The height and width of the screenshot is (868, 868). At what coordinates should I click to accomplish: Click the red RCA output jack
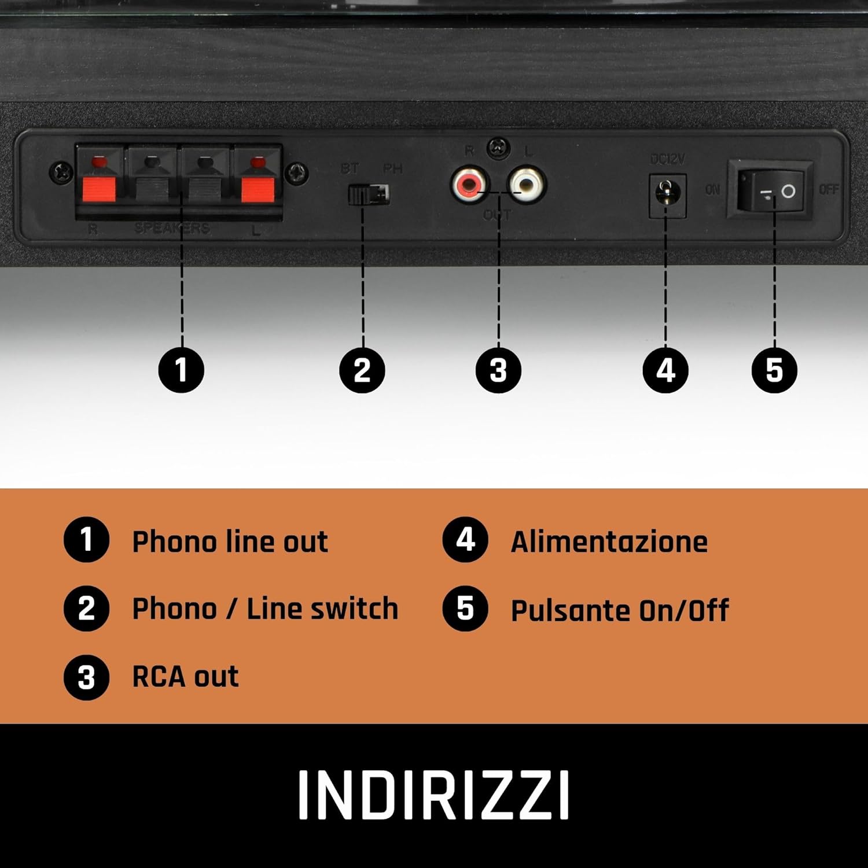(469, 185)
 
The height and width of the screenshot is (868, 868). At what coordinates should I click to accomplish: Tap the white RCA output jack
(526, 185)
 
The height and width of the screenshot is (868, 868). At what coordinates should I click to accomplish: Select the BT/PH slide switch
(369, 194)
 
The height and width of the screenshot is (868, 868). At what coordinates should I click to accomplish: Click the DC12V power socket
(667, 194)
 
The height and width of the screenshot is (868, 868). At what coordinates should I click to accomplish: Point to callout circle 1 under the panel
(181, 370)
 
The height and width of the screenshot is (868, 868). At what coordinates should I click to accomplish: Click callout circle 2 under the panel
(362, 370)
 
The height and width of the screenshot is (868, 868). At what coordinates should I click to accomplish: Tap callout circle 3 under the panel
(498, 370)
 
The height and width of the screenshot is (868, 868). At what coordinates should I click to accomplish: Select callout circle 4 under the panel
(665, 370)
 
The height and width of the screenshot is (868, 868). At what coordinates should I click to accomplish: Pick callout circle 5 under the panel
(774, 370)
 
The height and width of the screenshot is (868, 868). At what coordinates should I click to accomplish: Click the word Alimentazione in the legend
(609, 542)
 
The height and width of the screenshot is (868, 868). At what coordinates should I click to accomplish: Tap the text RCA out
(185, 676)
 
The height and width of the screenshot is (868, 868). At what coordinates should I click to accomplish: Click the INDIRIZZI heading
(433, 795)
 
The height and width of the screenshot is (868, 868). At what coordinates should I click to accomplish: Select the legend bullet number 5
(465, 609)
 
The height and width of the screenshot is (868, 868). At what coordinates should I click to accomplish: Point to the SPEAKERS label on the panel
(172, 228)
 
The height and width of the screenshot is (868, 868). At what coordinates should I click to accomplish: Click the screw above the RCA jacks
(498, 149)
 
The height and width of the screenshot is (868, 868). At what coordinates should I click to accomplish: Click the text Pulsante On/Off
(619, 610)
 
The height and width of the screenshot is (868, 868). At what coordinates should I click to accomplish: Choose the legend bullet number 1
(86, 540)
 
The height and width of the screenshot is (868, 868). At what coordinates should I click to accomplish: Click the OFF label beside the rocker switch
(829, 189)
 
